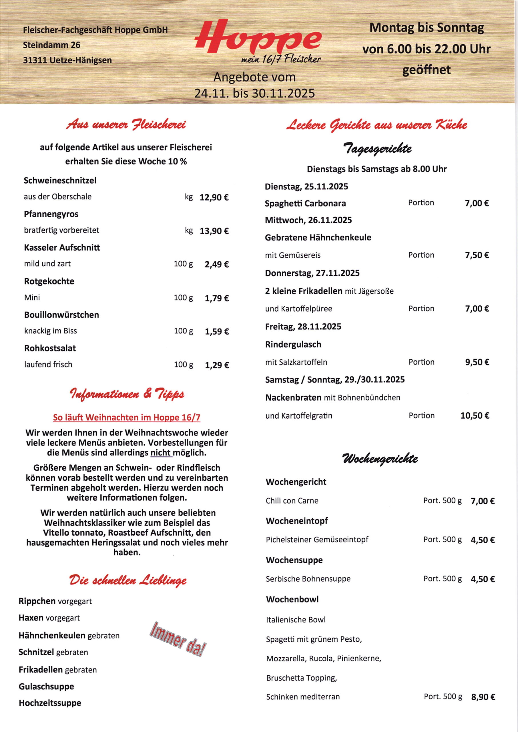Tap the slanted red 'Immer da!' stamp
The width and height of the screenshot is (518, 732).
point(178,639)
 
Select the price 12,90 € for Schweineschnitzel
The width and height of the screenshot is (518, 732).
point(214,197)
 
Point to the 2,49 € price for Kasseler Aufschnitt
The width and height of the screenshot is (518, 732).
point(217,264)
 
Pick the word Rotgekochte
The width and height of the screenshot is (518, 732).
point(49,281)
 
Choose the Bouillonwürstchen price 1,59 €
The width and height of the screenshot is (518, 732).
point(217,332)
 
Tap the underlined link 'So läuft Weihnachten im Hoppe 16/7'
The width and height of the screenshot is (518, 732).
point(127,417)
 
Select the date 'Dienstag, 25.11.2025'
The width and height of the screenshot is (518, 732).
point(306,187)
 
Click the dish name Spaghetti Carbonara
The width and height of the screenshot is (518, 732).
point(305,204)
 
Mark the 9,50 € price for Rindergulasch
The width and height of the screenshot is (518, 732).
point(477,362)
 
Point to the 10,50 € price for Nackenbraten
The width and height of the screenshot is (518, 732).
point(475,415)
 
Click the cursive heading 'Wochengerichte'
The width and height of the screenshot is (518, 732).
point(380,459)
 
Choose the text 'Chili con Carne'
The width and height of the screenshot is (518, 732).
point(292,501)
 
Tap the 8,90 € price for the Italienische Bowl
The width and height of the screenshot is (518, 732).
point(483,697)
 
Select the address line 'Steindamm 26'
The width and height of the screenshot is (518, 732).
point(51,45)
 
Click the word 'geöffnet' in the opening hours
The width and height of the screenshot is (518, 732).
point(426,70)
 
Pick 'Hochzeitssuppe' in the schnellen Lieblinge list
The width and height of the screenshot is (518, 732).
point(50,703)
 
